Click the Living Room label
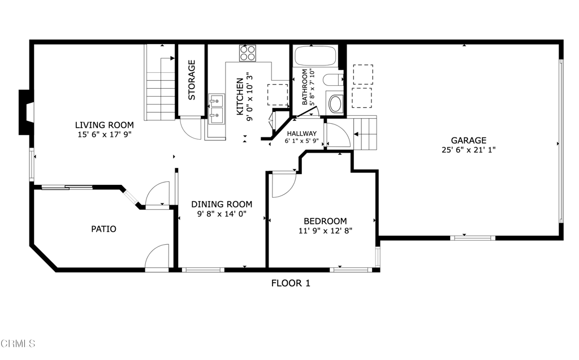(x=105, y=125)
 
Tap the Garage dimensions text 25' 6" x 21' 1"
(x=468, y=150)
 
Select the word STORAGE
(x=192, y=80)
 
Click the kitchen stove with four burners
(x=247, y=53)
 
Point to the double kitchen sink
(x=215, y=109)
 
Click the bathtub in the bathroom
(x=315, y=57)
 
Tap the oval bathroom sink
(x=335, y=105)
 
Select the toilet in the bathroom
(x=334, y=81)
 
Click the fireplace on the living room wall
(x=25, y=112)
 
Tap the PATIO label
(x=104, y=229)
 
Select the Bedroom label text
(x=325, y=221)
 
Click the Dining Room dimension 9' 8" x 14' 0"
(x=221, y=214)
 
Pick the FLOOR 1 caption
(x=291, y=283)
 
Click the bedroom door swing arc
(x=283, y=185)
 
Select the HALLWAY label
(x=301, y=133)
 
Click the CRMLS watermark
(x=18, y=343)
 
